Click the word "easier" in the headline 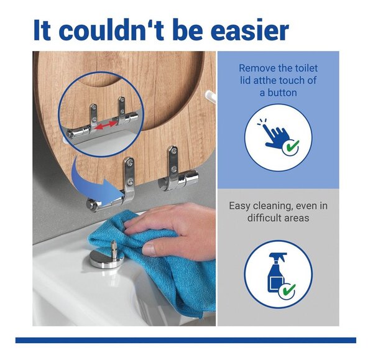coord(250,30)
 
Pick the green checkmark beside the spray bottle coord(288,290)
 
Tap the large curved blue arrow coord(95,182)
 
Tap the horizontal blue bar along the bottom coord(186,340)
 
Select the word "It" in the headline coord(42,30)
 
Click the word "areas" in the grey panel coord(298,218)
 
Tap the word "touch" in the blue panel coord(292,80)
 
